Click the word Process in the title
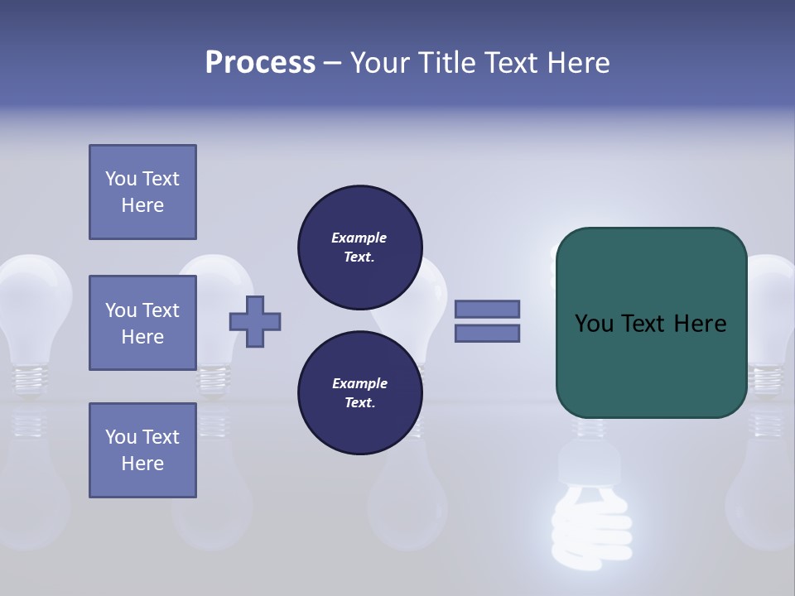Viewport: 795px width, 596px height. [260, 63]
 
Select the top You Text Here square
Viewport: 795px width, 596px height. [142, 192]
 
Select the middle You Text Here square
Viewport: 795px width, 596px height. [142, 323]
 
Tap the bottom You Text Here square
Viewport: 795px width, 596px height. [142, 450]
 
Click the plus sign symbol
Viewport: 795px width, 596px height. [255, 322]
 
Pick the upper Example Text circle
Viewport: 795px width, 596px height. [359, 248]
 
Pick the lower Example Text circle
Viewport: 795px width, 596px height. [359, 393]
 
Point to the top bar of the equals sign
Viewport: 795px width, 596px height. [487, 309]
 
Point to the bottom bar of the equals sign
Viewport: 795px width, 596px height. [487, 333]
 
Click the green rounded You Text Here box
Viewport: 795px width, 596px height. [651, 323]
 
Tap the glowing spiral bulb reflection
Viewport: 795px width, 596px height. [590, 505]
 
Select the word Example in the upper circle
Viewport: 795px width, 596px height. [359, 238]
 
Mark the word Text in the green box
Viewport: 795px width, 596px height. [650, 324]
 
